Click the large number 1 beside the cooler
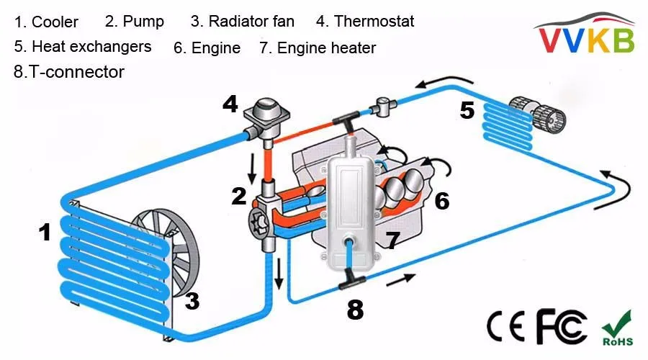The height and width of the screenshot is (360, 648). pos(45,233)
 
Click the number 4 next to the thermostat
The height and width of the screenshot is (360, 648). pos(230,104)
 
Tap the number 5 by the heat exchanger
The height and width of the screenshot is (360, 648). pos(467,110)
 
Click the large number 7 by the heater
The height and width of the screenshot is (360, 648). pos(391,240)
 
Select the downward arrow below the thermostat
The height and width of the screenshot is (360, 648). pos(252,167)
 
